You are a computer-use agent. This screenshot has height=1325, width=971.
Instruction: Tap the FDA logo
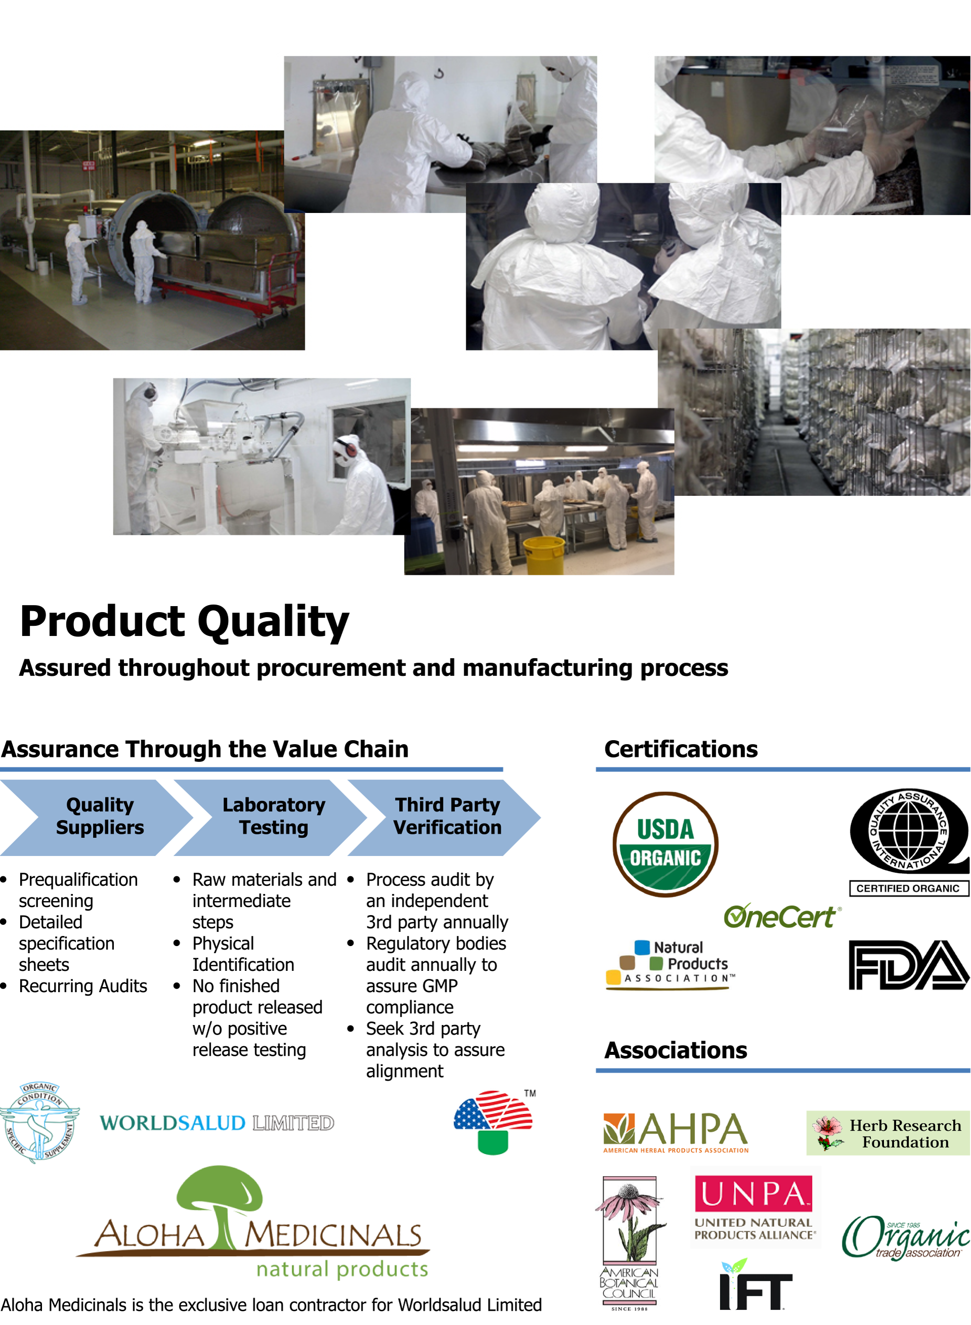[x=909, y=965]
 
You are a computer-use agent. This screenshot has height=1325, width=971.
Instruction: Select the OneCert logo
[x=782, y=916]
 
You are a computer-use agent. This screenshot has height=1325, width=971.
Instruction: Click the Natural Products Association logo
[x=671, y=965]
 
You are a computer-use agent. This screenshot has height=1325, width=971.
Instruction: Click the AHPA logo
[x=676, y=1132]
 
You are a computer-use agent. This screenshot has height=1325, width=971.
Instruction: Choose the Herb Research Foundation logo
[x=888, y=1133]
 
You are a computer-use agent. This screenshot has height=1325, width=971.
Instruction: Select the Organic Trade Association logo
[x=905, y=1237]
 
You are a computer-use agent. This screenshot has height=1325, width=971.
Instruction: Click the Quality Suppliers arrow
[x=97, y=817]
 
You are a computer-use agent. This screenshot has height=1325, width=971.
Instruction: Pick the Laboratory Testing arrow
[x=271, y=817]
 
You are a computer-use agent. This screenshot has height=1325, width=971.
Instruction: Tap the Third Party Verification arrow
[x=445, y=817]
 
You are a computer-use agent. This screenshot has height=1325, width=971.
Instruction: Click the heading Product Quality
[x=185, y=622]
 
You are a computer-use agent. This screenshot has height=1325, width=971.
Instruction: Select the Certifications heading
[x=681, y=749]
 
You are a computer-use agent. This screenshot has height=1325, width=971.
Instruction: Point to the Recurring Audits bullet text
[x=83, y=986]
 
